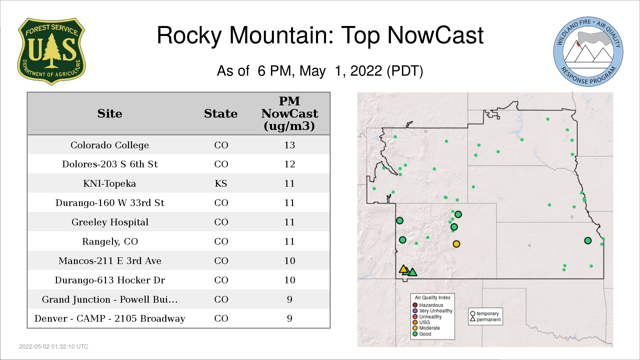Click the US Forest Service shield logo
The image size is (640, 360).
(51, 52)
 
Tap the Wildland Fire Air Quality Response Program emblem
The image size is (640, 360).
(588, 52)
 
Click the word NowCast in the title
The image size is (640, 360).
(435, 35)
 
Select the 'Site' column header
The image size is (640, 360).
(110, 114)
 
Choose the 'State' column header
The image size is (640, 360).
(221, 114)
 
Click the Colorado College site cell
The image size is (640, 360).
(110, 145)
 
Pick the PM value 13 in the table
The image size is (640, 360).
(290, 145)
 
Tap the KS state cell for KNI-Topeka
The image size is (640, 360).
(221, 184)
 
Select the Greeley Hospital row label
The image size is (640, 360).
(110, 222)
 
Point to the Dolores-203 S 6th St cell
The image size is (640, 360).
(110, 164)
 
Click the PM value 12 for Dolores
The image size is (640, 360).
(290, 164)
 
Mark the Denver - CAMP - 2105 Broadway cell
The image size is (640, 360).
(110, 319)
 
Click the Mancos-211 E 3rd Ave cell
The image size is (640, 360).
(110, 261)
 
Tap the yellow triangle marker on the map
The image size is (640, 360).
(404, 269)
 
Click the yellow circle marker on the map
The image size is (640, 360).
(456, 244)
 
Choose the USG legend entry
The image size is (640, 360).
(421, 322)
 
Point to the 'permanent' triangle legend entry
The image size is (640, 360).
(485, 319)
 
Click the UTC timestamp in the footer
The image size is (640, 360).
(54, 347)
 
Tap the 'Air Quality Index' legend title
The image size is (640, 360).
(433, 298)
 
